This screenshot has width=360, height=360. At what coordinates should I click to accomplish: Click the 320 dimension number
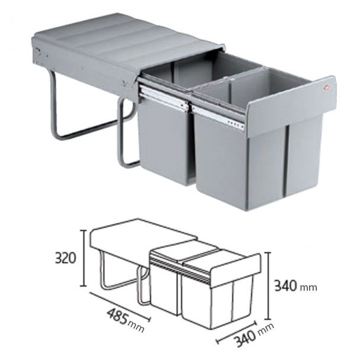(x=66, y=259)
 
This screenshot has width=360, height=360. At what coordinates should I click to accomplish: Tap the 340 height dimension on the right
(x=287, y=286)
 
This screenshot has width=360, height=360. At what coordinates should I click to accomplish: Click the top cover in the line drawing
(x=136, y=237)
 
